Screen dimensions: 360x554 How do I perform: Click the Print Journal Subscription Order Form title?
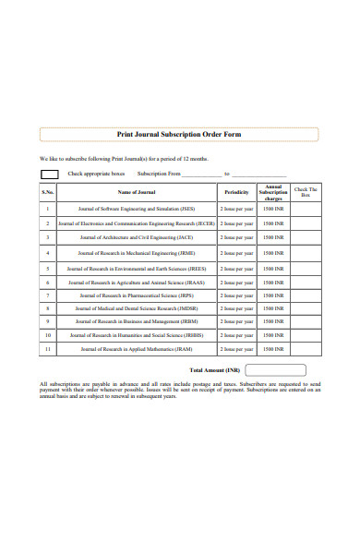click(x=179, y=134)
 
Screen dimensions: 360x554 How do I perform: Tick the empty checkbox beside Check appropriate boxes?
click(x=49, y=174)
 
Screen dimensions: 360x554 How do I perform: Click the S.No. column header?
click(x=48, y=192)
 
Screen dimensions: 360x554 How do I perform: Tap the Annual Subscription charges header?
click(x=273, y=192)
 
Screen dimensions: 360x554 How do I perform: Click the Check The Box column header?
click(x=306, y=192)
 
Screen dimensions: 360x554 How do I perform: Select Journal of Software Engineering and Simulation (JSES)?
click(x=137, y=209)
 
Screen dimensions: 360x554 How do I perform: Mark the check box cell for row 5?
click(x=306, y=268)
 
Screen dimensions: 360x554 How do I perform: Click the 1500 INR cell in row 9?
click(x=273, y=321)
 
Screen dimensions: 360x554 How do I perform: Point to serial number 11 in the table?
click(x=48, y=349)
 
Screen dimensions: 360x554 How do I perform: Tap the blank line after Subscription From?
click(x=202, y=175)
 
